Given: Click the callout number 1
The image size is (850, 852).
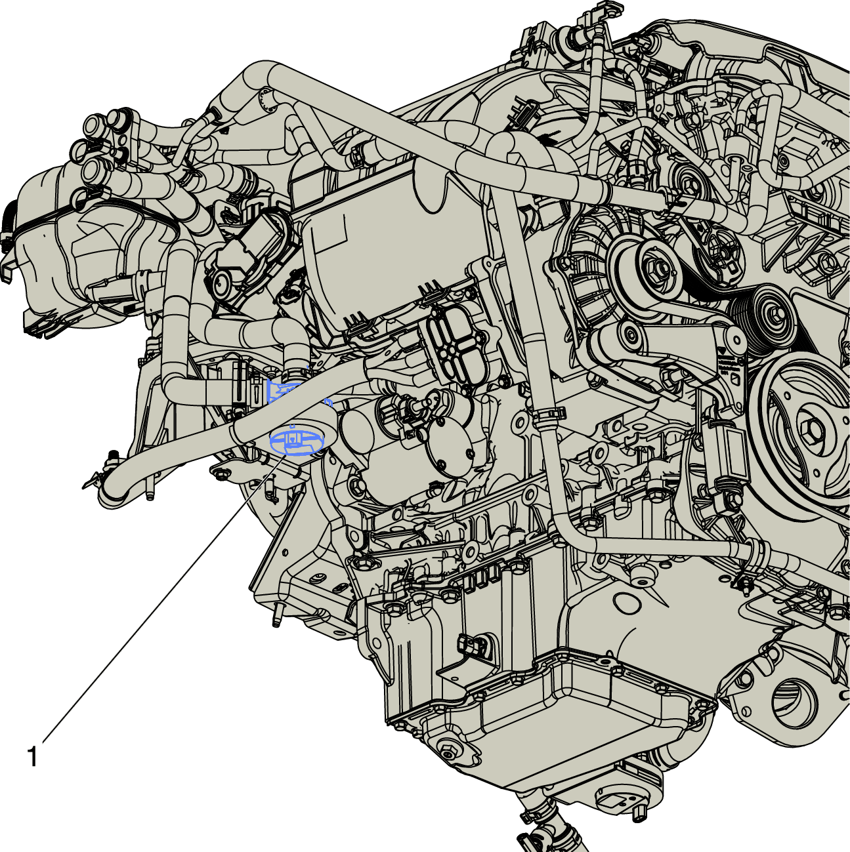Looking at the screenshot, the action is point(32,758).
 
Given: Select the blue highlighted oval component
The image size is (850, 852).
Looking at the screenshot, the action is point(297,441).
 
